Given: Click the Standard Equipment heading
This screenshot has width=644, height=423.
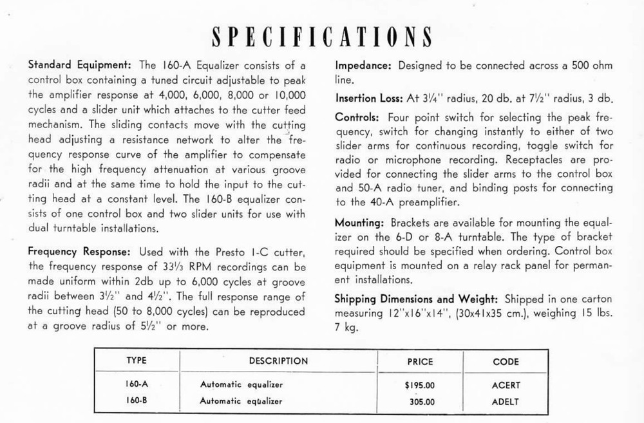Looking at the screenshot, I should click(80, 65).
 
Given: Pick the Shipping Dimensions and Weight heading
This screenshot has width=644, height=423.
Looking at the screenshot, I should click(418, 299).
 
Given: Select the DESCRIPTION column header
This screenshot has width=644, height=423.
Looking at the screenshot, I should click(278, 362).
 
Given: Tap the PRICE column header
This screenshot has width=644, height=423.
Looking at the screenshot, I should click(421, 362).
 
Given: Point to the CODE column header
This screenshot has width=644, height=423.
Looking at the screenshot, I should click(506, 362).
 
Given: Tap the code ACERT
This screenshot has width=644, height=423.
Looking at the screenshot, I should click(506, 385).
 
